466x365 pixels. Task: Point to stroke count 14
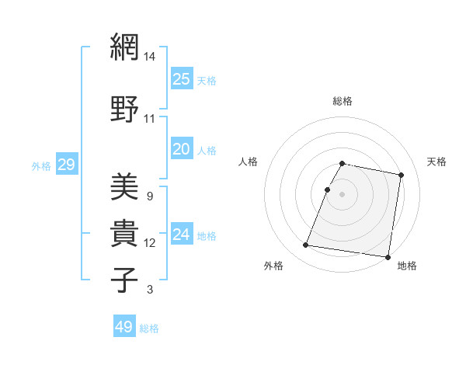[x=150, y=57]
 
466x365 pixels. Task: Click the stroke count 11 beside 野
[x=150, y=119]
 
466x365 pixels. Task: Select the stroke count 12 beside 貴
[x=150, y=243]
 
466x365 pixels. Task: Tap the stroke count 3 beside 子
[x=149, y=290]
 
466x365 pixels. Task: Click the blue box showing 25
[x=181, y=78]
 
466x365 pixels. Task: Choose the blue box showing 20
[x=181, y=149]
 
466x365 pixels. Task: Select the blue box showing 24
[x=181, y=235]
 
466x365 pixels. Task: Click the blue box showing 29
[x=66, y=164]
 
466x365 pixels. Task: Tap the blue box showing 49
[x=124, y=327]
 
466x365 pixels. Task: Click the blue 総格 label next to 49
[x=149, y=328]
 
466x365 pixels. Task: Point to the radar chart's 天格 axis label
[x=436, y=162]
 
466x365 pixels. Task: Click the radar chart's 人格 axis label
[x=249, y=162]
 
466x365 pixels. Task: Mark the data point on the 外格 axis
[x=306, y=245]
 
